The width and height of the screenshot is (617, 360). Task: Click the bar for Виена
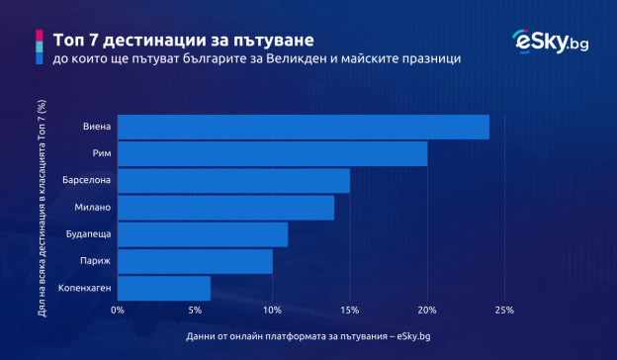click(303, 128)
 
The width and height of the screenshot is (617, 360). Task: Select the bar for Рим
click(272, 154)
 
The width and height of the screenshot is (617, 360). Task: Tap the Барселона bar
click(233, 181)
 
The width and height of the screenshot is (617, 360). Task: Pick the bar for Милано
click(225, 208)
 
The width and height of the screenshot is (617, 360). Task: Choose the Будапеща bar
click(203, 234)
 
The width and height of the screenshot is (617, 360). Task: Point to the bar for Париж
click(195, 261)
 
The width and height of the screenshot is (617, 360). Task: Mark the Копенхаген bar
click(164, 288)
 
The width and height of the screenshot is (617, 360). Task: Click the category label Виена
click(98, 128)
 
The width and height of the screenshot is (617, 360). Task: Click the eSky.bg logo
click(550, 42)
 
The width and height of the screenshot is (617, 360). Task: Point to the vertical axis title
click(41, 207)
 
